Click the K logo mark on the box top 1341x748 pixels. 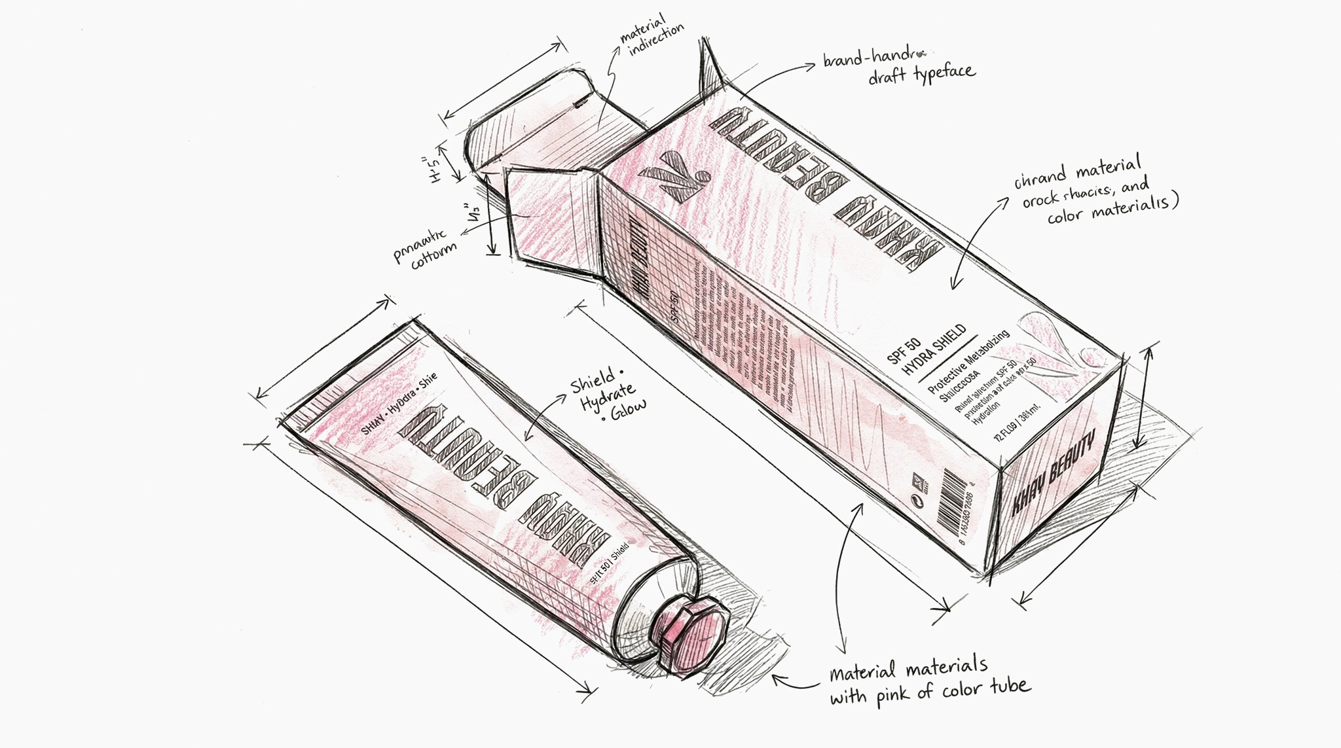674,173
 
